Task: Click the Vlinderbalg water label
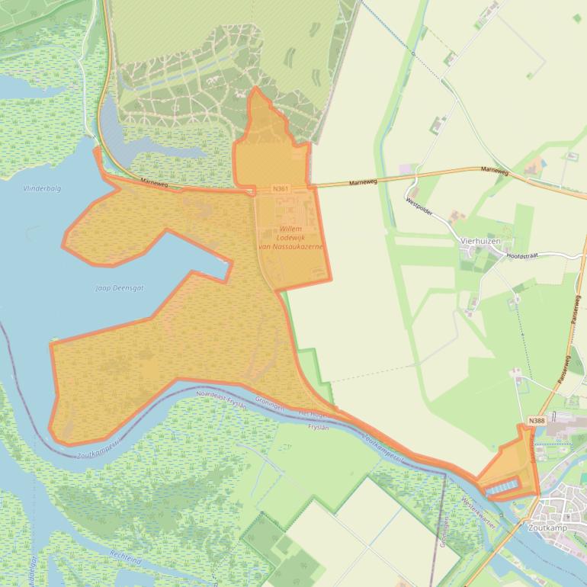click(42, 188)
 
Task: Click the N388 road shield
click(536, 421)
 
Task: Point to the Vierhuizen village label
click(480, 240)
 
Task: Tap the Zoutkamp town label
click(547, 526)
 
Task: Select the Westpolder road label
click(419, 207)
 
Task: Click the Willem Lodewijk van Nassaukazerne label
click(291, 237)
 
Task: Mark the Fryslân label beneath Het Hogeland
click(317, 427)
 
